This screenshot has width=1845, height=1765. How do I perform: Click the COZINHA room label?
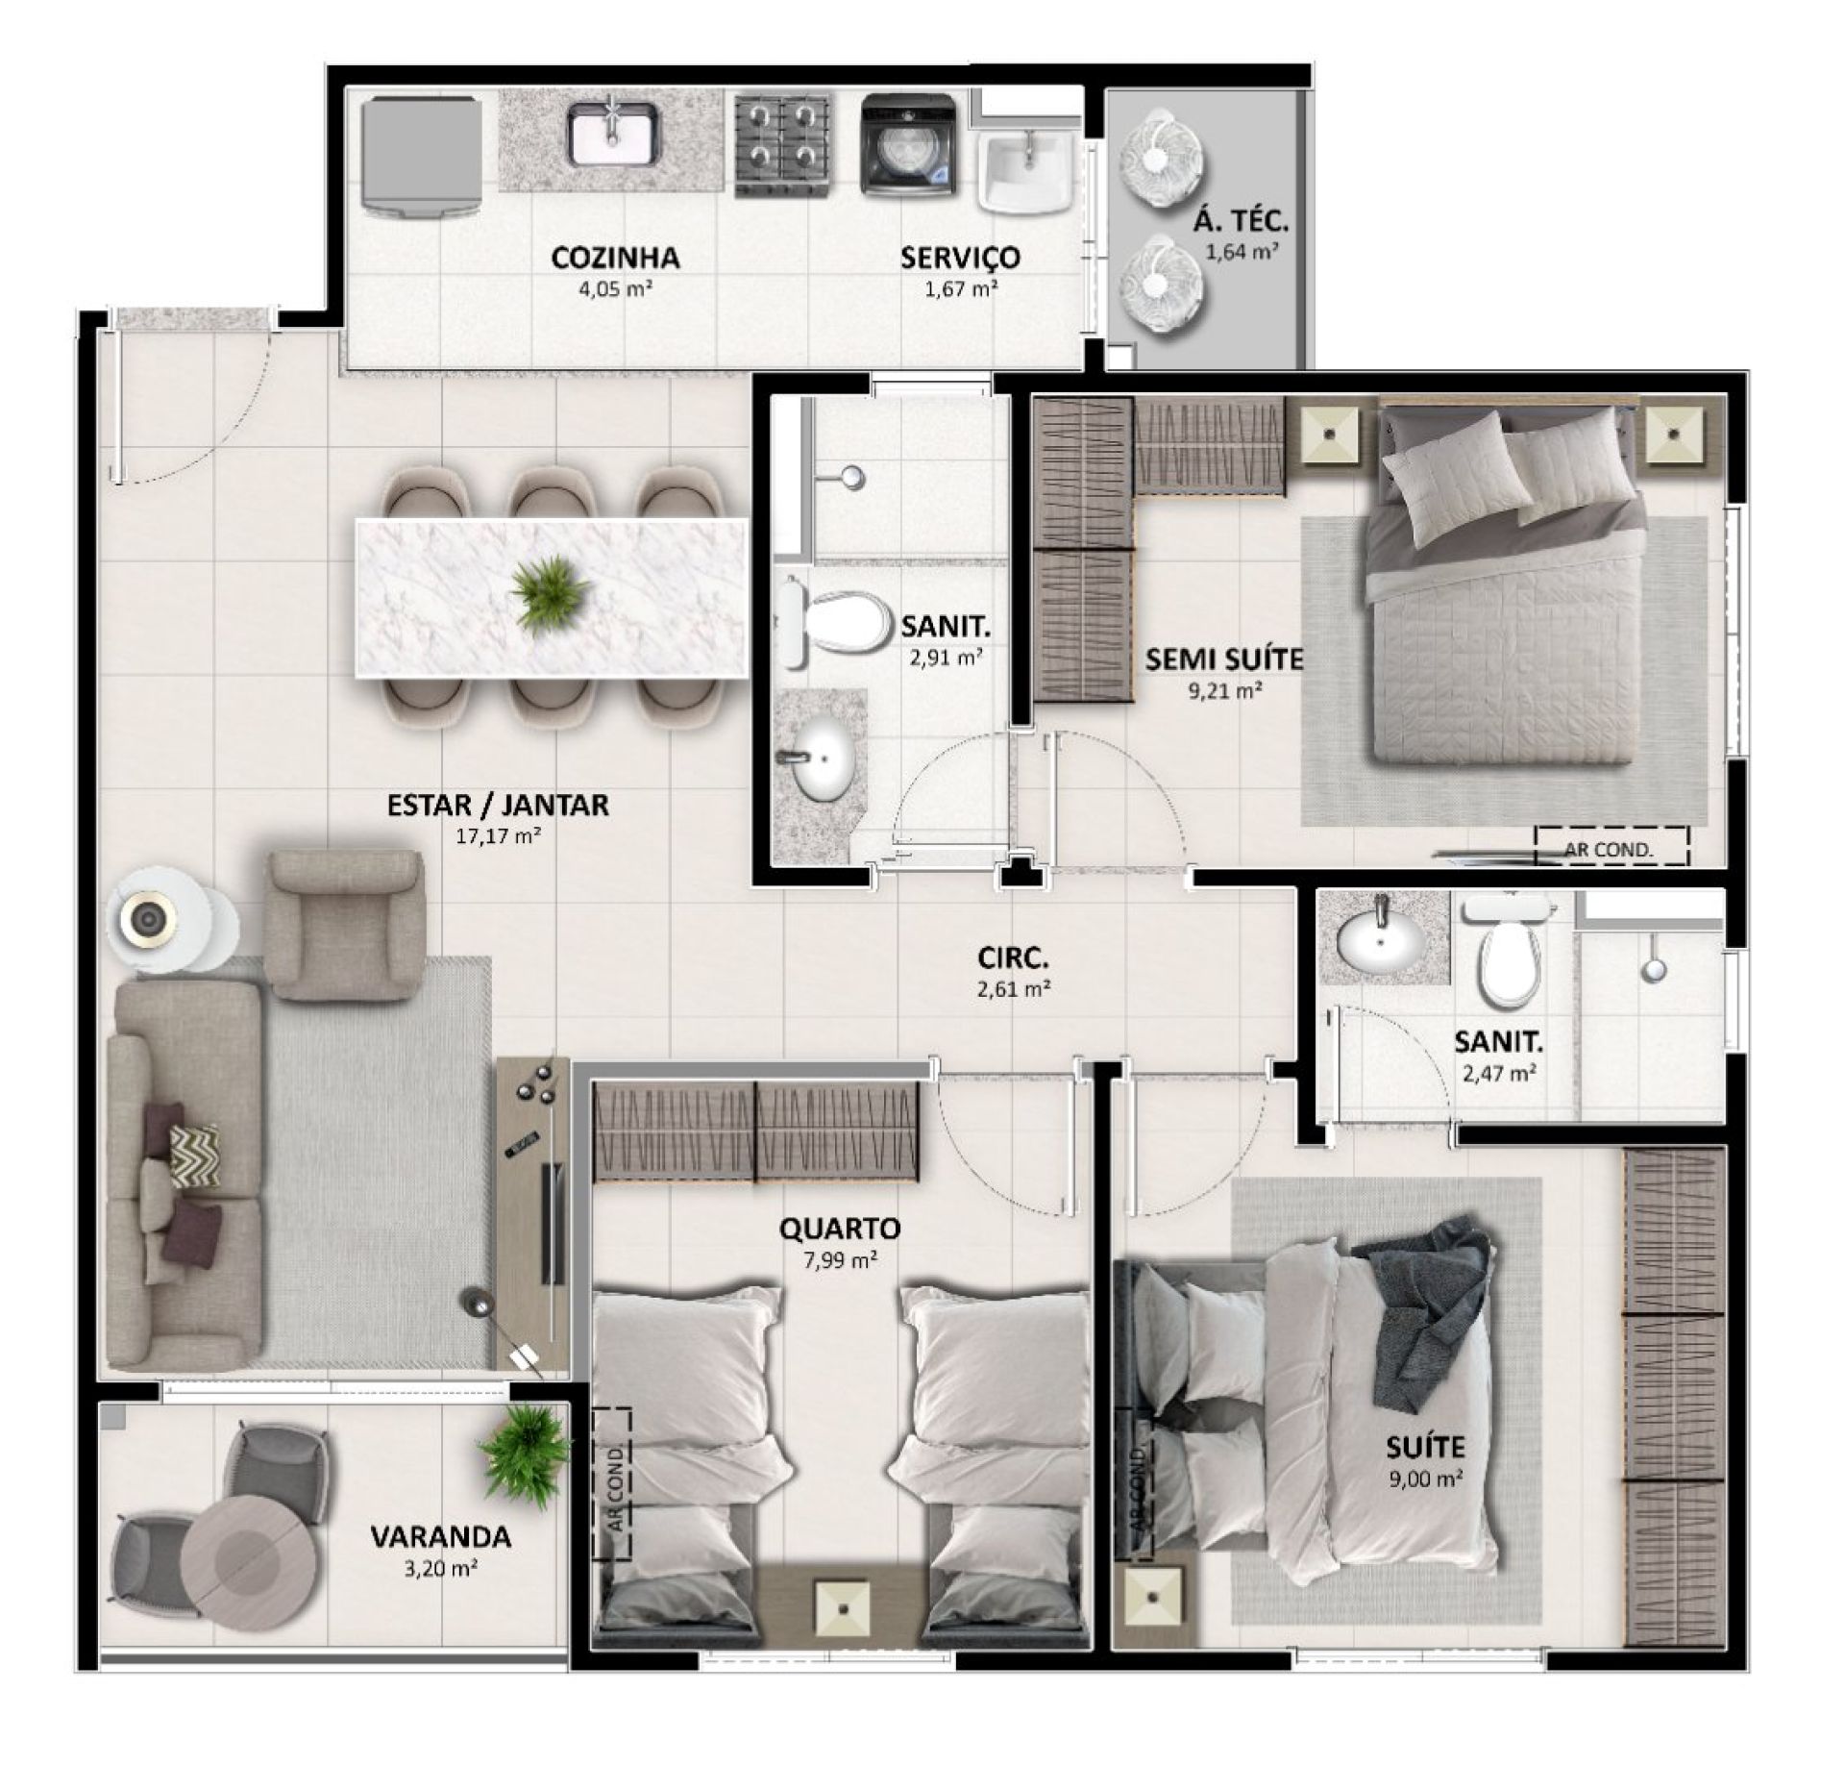(615, 258)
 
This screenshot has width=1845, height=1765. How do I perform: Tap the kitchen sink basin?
(612, 135)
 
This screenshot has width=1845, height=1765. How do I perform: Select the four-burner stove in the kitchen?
(782, 146)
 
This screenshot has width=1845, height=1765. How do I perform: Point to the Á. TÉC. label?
(1241, 222)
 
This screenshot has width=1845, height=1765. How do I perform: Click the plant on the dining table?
(550, 592)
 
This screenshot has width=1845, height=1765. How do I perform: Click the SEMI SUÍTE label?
(1223, 659)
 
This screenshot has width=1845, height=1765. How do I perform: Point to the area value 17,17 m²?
(498, 835)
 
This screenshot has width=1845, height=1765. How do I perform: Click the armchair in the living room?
(344, 925)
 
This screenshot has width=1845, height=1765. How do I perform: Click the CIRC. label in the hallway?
(1013, 957)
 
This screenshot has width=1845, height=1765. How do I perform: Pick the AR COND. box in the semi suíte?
(1611, 846)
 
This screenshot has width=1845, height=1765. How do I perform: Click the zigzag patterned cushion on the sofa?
(194, 1155)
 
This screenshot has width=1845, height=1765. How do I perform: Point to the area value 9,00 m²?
(1425, 1506)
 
